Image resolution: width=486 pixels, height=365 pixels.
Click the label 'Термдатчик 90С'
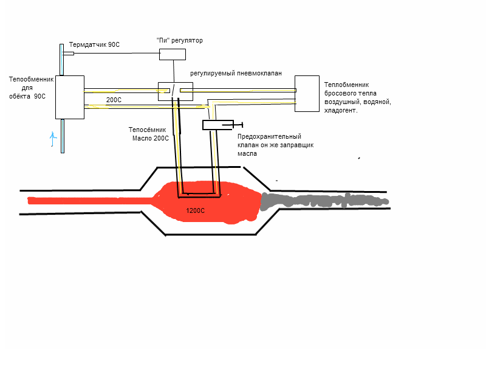[94, 45]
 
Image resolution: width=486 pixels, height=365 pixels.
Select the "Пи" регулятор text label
[179, 41]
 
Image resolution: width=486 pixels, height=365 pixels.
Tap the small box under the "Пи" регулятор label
[173, 54]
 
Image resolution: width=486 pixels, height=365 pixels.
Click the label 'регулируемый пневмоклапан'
[236, 73]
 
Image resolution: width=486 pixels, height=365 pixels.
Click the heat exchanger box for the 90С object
[69, 97]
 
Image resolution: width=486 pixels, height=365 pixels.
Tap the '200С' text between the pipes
[114, 100]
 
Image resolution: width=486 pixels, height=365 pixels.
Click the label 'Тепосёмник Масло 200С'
[149, 134]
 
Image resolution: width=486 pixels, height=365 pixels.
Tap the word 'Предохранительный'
[269, 137]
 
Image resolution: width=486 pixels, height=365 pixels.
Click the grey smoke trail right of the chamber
[322, 200]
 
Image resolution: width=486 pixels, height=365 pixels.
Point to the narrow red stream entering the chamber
[91, 200]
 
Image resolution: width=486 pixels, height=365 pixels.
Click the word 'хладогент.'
[341, 111]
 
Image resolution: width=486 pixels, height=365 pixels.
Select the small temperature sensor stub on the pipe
[69, 54]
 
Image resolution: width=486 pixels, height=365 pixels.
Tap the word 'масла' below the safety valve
[247, 154]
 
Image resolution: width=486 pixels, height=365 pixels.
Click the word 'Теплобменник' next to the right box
[346, 85]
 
